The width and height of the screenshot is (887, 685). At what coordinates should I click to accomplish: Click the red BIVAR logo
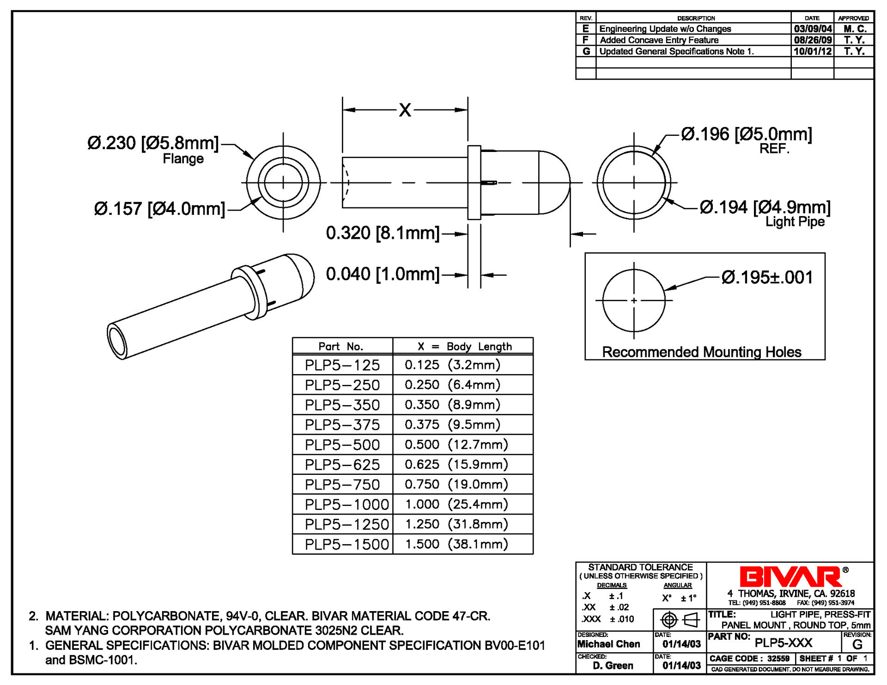[x=791, y=576]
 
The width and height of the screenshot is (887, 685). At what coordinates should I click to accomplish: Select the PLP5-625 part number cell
[x=342, y=465]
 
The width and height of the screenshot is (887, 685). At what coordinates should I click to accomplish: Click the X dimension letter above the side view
[x=405, y=110]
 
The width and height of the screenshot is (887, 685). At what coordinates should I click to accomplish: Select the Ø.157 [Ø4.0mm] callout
[x=159, y=209]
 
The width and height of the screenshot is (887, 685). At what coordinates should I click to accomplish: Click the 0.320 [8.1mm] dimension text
[x=383, y=233]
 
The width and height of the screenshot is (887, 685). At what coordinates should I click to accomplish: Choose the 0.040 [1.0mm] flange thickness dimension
[x=383, y=274]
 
